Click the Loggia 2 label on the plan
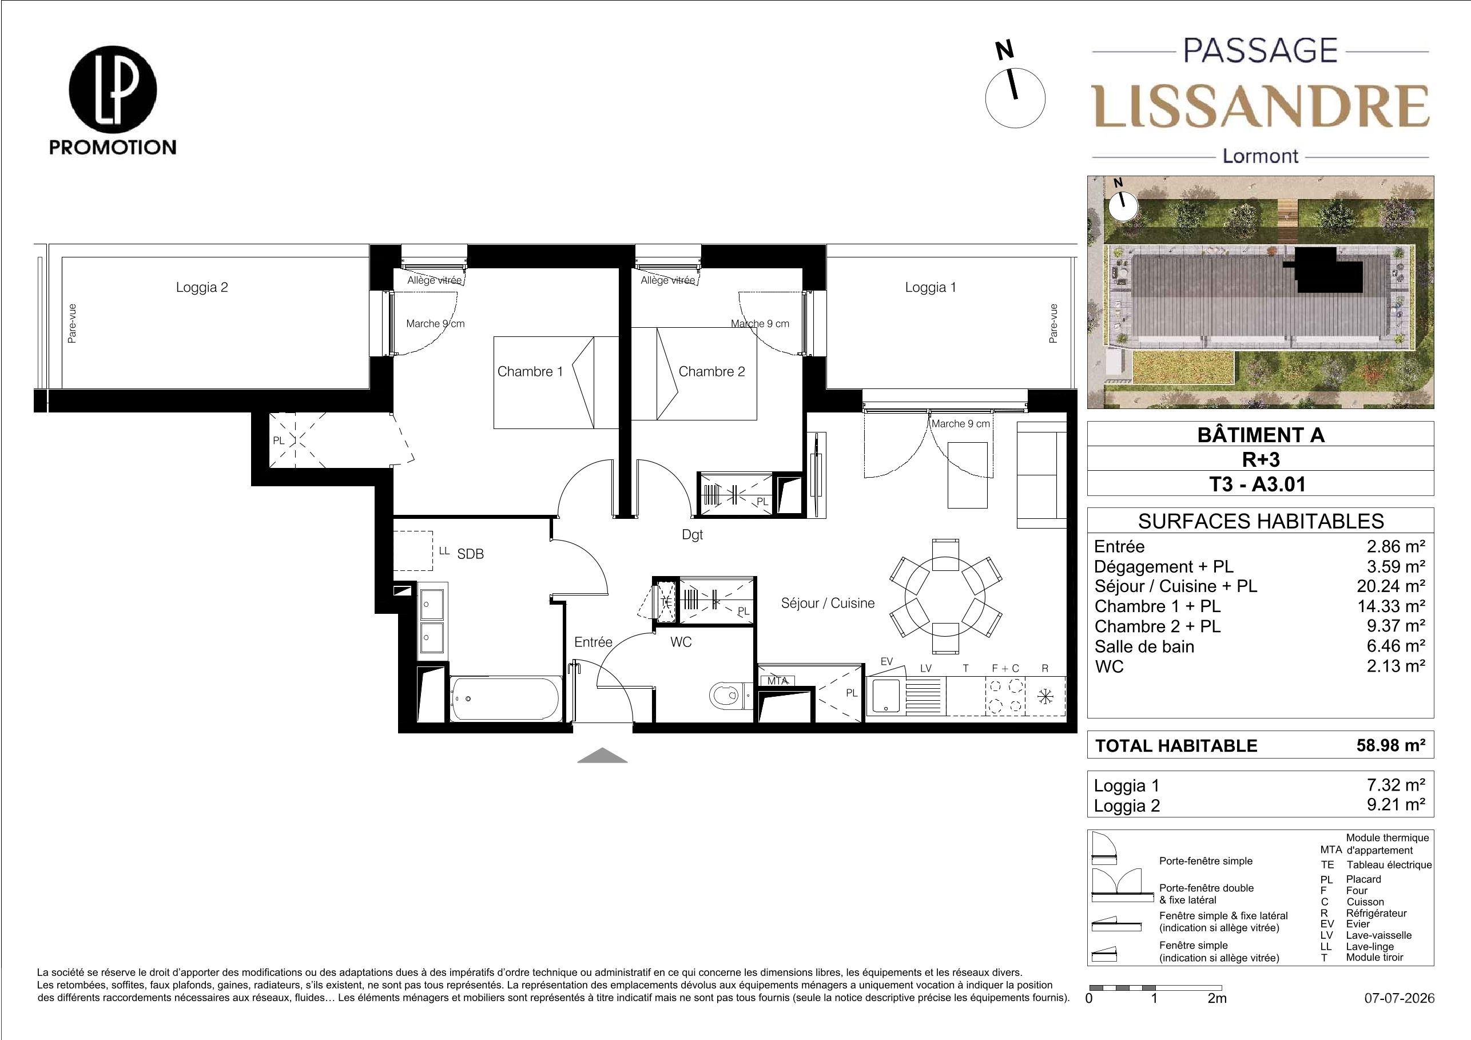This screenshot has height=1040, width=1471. click(x=202, y=288)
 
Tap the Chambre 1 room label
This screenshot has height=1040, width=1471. click(x=530, y=372)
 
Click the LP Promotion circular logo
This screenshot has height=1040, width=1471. click(x=113, y=89)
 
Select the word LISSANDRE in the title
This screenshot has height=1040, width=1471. click(x=1260, y=106)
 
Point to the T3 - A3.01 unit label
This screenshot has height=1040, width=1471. click(x=1259, y=484)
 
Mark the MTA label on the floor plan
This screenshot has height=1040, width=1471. click(x=777, y=681)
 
